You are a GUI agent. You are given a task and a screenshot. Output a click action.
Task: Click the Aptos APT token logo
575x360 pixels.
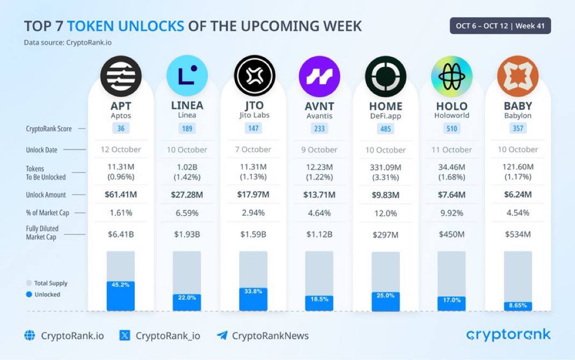(x=121, y=76)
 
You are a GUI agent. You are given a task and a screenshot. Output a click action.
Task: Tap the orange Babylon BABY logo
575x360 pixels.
(x=518, y=76)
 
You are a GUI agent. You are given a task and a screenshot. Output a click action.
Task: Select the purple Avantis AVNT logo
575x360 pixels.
(x=319, y=76)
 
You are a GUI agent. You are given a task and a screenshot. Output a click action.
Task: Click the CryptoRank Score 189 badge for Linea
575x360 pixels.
(x=187, y=128)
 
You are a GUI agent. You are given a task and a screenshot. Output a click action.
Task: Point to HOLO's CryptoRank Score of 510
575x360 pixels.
(x=452, y=129)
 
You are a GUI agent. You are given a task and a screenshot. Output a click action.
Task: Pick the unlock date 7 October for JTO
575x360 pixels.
(x=253, y=150)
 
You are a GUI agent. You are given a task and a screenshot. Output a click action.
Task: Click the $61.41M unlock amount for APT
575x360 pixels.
(x=121, y=195)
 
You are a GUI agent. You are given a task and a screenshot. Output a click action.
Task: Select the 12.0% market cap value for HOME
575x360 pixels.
(x=385, y=213)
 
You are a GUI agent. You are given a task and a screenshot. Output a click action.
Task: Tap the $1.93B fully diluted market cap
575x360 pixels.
(x=187, y=234)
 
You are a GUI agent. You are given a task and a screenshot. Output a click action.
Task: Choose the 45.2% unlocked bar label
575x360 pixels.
(x=121, y=285)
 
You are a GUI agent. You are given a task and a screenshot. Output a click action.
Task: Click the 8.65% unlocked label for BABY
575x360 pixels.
(x=518, y=305)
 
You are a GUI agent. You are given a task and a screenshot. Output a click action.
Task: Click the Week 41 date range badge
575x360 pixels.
(x=500, y=26)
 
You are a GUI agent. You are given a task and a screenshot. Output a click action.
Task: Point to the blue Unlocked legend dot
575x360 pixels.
(x=29, y=295)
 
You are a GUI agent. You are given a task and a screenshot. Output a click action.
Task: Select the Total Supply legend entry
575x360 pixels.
(x=47, y=283)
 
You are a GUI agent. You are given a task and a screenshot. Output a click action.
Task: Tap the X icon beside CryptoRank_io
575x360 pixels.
(x=125, y=336)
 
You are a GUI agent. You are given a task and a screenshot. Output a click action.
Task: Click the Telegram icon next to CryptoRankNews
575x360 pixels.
(x=222, y=336)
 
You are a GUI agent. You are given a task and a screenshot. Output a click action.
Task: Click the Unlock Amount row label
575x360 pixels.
(x=46, y=195)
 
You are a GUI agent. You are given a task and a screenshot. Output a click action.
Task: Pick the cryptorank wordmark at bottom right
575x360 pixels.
(x=508, y=335)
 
